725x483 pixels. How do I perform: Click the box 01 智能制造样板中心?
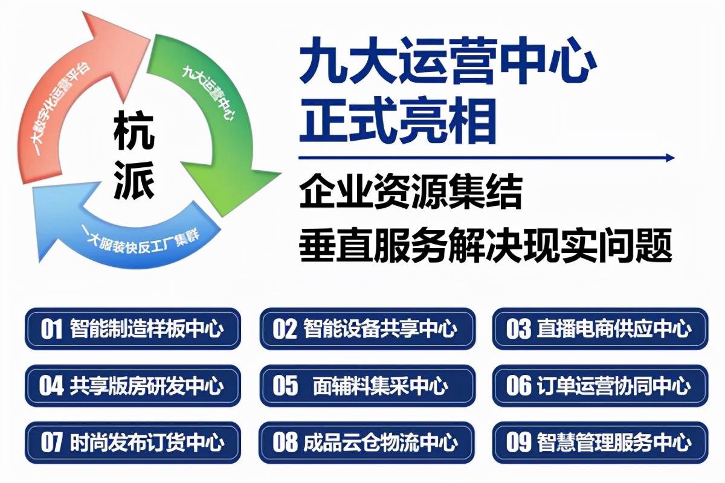coord(132,329)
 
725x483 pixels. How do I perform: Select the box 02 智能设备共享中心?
coord(367,329)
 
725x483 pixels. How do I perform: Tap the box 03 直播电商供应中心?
coord(600,329)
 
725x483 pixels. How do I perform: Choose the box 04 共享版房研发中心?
coord(132,386)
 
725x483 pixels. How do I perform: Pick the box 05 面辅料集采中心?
coord(367,386)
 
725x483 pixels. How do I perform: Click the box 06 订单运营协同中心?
coord(600,386)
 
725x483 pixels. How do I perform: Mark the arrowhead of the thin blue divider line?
coord(669,158)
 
